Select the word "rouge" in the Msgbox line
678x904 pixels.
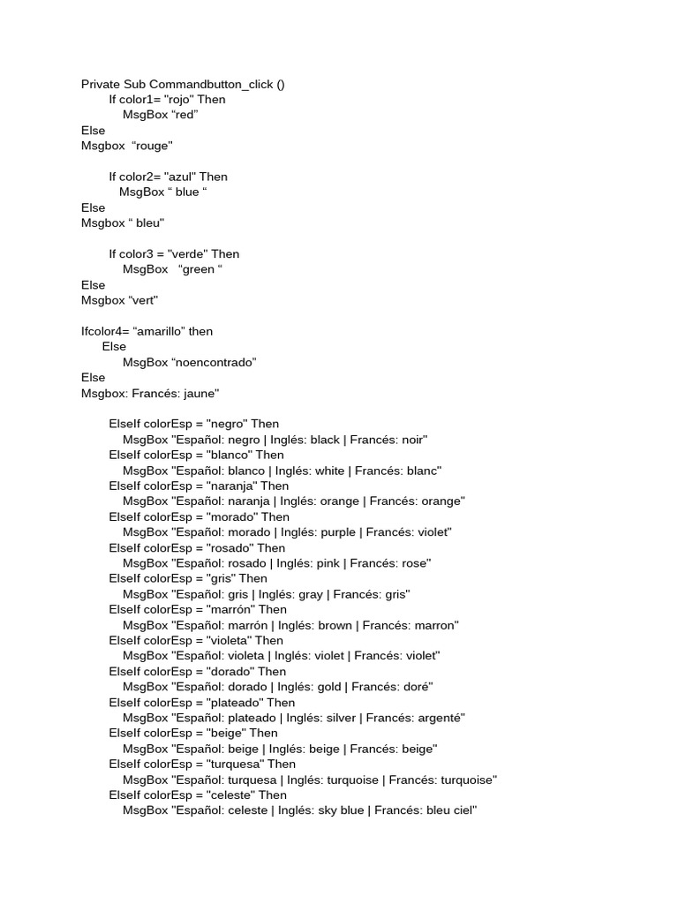pos(152,146)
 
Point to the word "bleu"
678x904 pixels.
pos(148,223)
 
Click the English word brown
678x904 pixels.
pos(335,625)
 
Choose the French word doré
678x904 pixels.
pos(418,687)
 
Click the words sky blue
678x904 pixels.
pos(341,810)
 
